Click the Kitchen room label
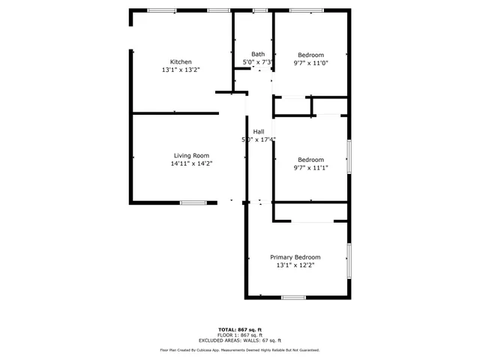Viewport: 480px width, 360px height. pos(181,62)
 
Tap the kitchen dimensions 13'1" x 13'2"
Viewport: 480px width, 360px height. pos(181,70)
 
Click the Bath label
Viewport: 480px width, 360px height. pos(258,54)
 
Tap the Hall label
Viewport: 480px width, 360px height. pos(258,132)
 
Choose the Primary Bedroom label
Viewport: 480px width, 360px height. pos(295,257)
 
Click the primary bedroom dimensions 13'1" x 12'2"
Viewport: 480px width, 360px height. pos(295,265)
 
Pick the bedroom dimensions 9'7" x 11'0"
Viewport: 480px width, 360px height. pos(310,63)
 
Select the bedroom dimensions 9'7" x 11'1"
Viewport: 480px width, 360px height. pos(310,168)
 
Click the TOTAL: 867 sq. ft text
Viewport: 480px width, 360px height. pos(240,329)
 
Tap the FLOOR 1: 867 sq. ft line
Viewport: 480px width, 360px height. pos(240,334)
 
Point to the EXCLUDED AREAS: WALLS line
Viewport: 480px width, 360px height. pos(240,340)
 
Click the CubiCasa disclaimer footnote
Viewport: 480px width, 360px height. pos(240,350)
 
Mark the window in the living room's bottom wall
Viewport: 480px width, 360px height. pos(193,202)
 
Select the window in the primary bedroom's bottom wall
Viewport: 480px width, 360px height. pos(293,298)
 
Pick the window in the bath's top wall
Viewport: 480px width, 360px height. pos(259,10)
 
